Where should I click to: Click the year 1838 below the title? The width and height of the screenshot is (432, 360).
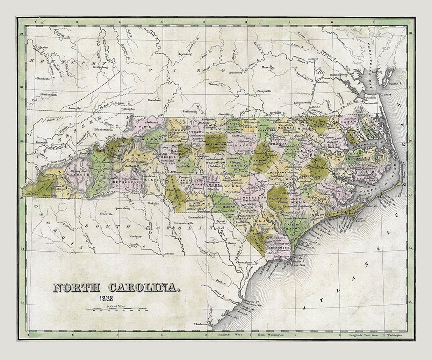107,299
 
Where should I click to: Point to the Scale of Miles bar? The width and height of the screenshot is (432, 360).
116,309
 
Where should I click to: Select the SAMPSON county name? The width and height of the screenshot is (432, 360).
278,198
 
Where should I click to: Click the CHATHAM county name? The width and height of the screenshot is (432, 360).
238,165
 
